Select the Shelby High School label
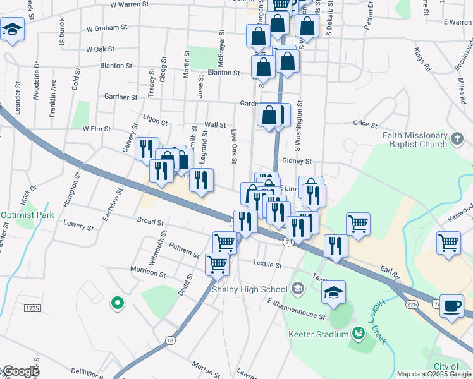tap(249, 289)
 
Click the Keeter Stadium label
tap(319, 334)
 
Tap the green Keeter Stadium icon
tap(359, 332)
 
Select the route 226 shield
tap(412, 304)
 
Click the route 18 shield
tap(169, 340)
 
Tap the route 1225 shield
tap(33, 308)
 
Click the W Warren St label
tap(129, 4)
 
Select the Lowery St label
tap(78, 225)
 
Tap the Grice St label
tap(365, 124)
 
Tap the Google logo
tap(20, 371)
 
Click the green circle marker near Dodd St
tap(116, 304)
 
